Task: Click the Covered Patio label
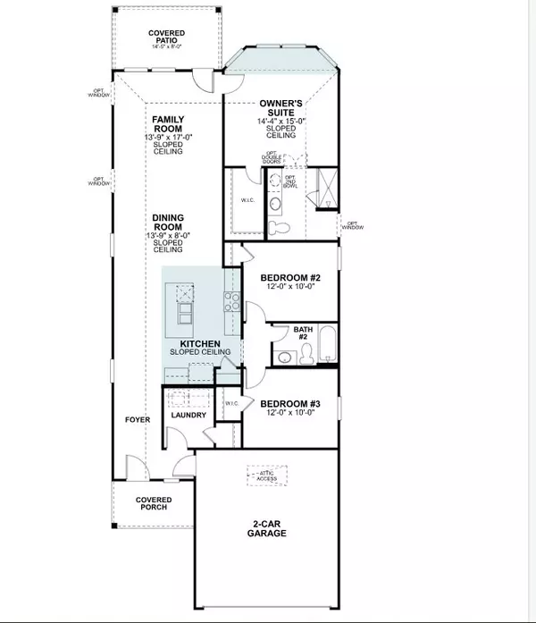point(167,38)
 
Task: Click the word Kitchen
point(201,343)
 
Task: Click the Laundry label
point(188,415)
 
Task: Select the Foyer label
point(137,419)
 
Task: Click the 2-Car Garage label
point(267,528)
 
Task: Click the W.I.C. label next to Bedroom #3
point(230,403)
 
